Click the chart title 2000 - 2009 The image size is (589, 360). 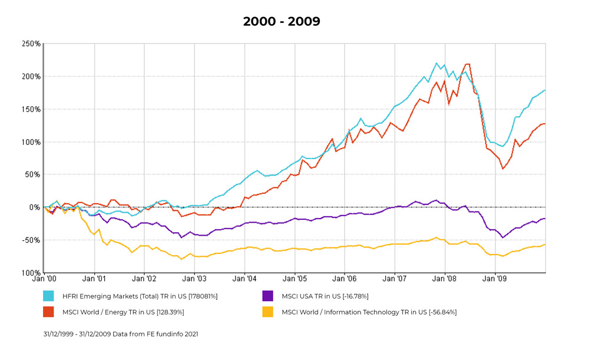(282, 22)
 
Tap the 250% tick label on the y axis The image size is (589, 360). (31, 44)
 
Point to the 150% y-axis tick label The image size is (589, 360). (31, 110)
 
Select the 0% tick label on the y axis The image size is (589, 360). (35, 207)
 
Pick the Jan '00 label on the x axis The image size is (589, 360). (45, 279)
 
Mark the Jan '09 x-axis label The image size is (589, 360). (495, 279)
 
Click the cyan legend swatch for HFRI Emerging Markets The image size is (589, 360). (48, 296)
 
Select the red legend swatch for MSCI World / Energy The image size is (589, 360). (48, 312)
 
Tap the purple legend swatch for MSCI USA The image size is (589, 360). (268, 296)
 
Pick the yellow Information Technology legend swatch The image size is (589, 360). (268, 312)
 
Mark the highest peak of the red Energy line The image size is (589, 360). (468, 64)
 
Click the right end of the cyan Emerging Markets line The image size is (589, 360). (545, 90)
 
